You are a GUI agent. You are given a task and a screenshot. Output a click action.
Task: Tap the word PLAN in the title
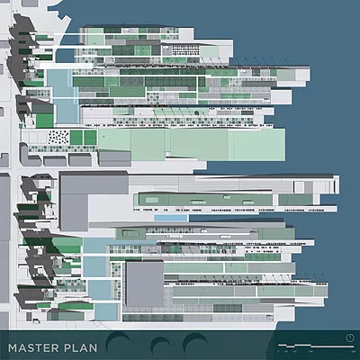coord(80,348)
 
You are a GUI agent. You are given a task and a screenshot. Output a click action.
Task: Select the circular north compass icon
coord(349,338)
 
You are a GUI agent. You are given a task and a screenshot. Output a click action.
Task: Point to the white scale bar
coord(316,346)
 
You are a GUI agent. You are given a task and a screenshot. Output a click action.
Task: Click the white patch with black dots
coord(58,138)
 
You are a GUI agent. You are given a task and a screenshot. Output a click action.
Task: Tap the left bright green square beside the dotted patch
coord(76,138)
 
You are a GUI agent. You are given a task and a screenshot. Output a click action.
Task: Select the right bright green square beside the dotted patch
coord(90,138)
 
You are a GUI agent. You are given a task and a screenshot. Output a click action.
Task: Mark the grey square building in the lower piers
coord(145,283)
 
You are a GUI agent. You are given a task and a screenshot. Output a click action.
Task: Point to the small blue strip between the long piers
coord(171,218)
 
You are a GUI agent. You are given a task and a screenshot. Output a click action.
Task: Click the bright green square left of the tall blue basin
coord(45,121)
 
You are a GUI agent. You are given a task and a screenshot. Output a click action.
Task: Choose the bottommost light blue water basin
coord(105,312)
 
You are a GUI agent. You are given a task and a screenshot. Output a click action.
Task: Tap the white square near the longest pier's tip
coord(299,187)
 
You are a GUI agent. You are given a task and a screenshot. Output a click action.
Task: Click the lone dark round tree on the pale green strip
coord(197,113)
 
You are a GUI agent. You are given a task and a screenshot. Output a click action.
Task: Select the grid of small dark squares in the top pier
coord(180,49)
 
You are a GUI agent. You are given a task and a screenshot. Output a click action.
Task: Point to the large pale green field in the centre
coord(192,145)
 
